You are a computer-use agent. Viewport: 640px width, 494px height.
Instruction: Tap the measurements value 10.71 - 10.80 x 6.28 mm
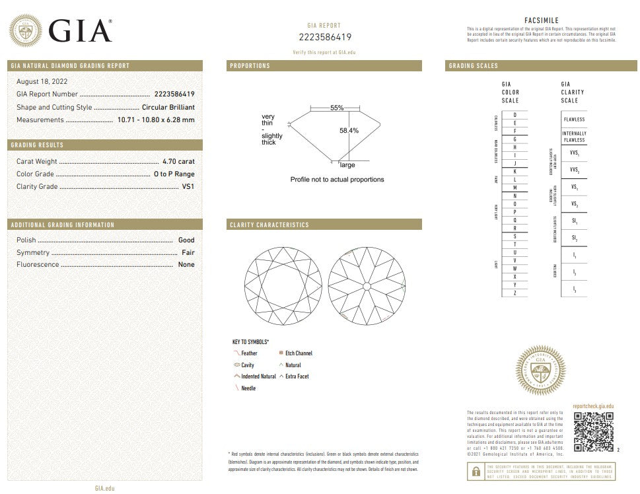coord(156,120)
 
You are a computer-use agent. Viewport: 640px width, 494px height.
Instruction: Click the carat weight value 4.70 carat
coord(178,161)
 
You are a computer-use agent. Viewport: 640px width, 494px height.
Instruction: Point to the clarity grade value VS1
coord(188,187)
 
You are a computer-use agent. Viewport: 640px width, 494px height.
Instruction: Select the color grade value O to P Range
coord(174,174)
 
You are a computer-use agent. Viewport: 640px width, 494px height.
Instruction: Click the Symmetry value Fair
coord(188,252)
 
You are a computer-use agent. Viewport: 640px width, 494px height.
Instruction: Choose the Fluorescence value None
coord(186,264)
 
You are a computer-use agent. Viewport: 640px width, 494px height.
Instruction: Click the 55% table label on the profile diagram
coord(337,107)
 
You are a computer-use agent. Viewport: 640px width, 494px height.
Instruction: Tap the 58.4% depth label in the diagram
coord(349,131)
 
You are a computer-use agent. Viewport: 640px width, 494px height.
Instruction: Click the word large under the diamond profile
coord(347,165)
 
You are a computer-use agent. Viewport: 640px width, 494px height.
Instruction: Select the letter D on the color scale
coord(515,116)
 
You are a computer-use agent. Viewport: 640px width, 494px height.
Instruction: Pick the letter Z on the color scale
coord(515,293)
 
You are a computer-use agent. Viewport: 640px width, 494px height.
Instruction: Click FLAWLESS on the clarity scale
coord(574,120)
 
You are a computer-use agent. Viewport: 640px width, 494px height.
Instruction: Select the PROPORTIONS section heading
coord(250,66)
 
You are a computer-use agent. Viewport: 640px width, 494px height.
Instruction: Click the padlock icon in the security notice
coord(476,470)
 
